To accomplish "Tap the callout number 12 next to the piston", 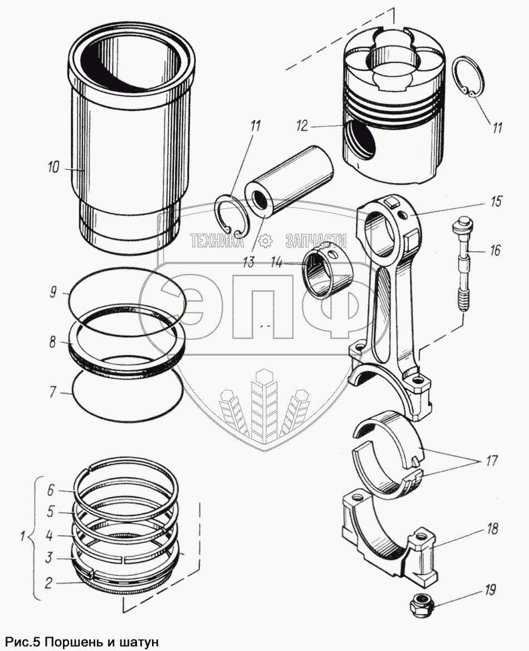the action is click(302, 126).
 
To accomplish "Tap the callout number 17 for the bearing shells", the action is click(490, 461).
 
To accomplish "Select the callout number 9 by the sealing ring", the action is click(52, 292).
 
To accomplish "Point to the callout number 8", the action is click(52, 342).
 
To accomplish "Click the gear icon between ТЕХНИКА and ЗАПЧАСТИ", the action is click(265, 241).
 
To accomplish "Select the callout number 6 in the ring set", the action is click(50, 490).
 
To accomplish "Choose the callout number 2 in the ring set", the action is click(49, 583).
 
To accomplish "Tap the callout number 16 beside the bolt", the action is click(493, 251).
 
